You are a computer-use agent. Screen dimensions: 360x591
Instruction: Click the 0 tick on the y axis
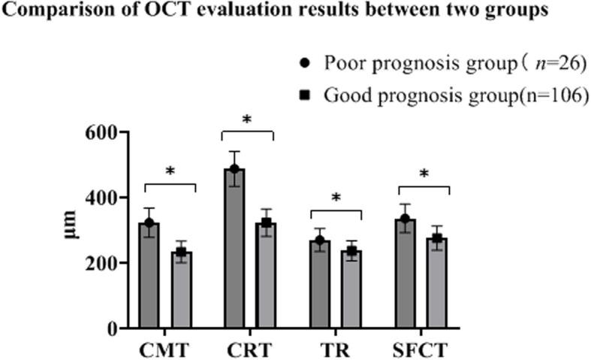coord(110,329)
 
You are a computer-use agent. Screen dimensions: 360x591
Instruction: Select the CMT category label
coord(164,350)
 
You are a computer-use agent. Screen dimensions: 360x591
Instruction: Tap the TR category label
coord(336,350)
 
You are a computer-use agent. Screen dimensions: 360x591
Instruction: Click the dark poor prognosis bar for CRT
coord(234,256)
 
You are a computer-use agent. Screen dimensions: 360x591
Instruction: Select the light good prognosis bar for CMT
coord(182,293)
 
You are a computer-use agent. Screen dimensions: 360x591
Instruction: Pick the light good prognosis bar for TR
coord(351,293)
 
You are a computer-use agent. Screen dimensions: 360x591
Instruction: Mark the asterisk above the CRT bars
coord(248,120)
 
